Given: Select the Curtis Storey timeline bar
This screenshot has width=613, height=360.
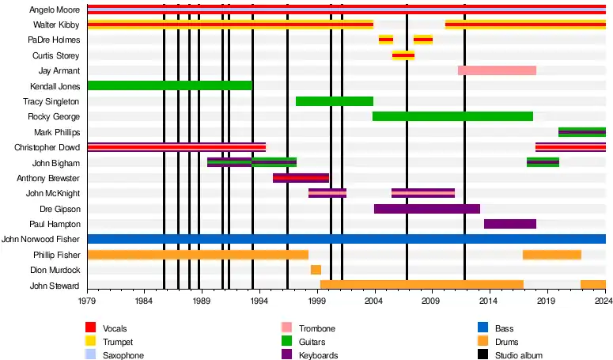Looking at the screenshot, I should pos(403,55).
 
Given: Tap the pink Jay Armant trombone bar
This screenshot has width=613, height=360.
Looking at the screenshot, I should pos(497,70).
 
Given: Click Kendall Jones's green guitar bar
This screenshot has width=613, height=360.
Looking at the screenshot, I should pos(169,85).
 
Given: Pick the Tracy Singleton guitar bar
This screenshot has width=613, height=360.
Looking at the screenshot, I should pos(334,101).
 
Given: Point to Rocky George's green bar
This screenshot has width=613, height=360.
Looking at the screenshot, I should pos(452,116).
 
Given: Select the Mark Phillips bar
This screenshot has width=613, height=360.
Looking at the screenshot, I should pos(581,132).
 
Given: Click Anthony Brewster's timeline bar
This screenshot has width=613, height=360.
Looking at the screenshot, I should pos(301,178).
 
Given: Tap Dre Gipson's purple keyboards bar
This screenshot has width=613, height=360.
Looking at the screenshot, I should pos(427,209).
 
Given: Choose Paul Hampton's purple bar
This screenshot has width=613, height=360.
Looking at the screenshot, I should pos(510,224).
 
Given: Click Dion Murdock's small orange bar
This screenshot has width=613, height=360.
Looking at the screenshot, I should pos(316,270).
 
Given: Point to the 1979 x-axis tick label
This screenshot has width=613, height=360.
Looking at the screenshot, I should pos(87,301).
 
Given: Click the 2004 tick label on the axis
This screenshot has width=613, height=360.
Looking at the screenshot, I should pos(373,301).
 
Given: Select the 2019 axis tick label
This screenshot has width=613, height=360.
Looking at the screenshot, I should pos(546,301).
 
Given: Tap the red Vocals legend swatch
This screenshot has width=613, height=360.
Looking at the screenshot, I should pos(91,328).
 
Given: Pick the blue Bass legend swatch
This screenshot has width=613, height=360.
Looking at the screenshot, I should pos(483,328).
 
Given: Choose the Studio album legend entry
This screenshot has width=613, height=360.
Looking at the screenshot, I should pos(518,356).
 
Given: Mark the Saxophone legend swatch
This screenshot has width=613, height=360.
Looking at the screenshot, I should pos(91,355).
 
